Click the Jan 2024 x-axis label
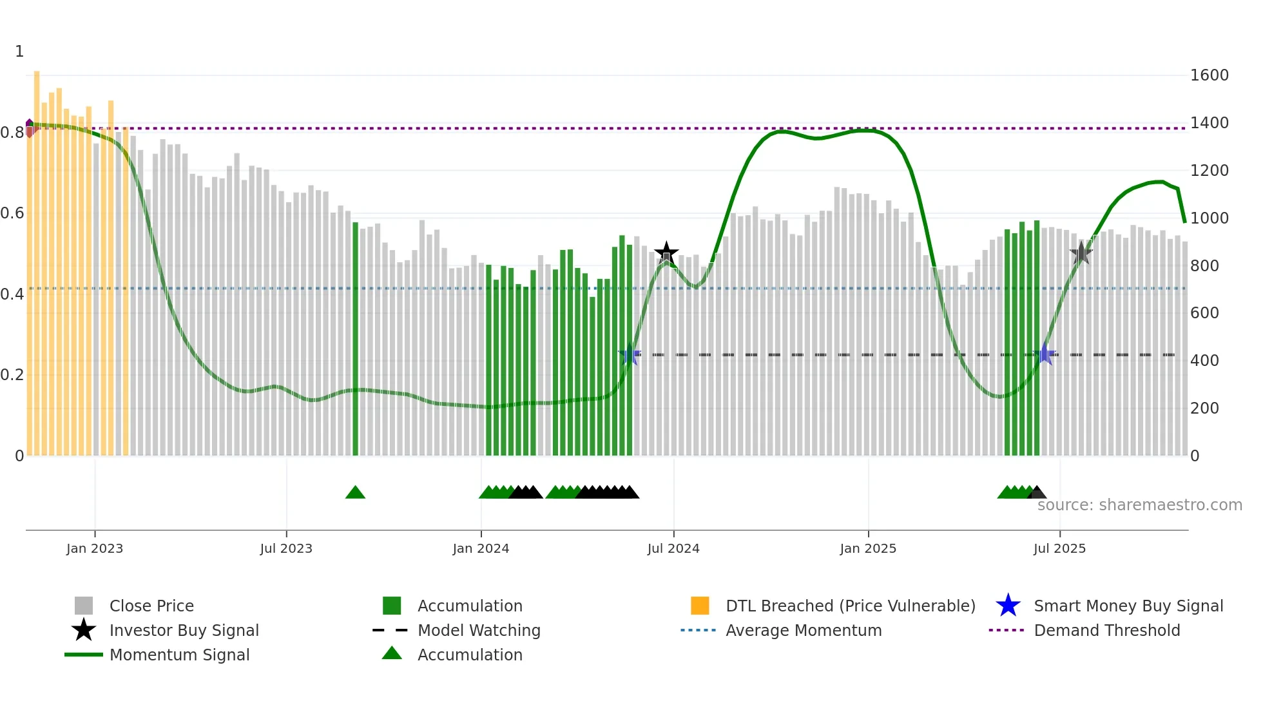[481, 548]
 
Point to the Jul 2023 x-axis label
[286, 548]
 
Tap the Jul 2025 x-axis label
[1059, 548]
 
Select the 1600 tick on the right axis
[1209, 75]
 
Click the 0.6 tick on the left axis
[12, 213]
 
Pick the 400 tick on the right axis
[1204, 361]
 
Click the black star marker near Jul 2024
[666, 253]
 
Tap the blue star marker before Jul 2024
[630, 354]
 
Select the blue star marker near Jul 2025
[1045, 354]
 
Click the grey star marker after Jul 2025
[1081, 253]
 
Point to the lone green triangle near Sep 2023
[355, 493]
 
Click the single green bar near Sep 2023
[355, 338]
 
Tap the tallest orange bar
[37, 258]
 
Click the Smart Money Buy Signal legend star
[1008, 606]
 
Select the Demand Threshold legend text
[1106, 630]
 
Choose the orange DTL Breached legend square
[700, 606]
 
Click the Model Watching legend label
[479, 630]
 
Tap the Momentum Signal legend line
[84, 655]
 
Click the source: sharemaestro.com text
[1139, 505]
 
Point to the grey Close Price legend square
[84, 606]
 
